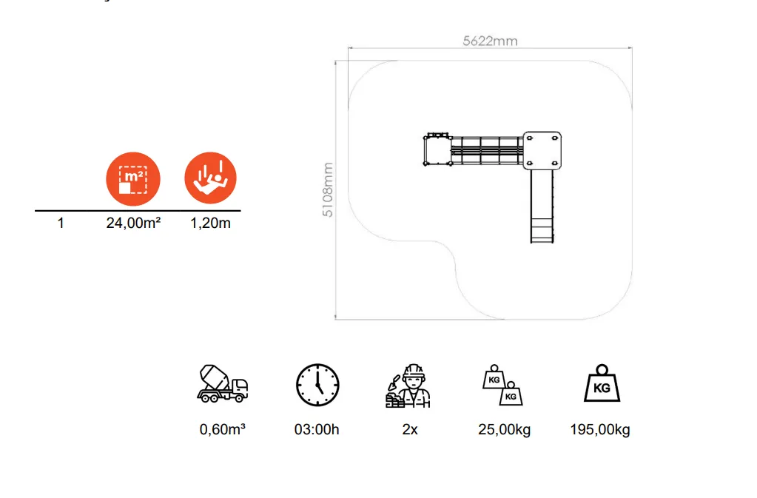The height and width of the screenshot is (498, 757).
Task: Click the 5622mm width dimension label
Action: (490, 41)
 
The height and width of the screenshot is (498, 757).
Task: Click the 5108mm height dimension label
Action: (327, 189)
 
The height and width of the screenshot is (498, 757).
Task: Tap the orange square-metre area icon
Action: (133, 179)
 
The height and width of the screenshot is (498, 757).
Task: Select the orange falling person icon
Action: (210, 178)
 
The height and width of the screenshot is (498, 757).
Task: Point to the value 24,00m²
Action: (133, 223)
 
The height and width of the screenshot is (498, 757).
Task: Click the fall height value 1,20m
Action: (210, 223)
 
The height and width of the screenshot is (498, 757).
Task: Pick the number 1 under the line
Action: (61, 223)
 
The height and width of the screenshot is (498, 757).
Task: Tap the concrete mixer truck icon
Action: (223, 383)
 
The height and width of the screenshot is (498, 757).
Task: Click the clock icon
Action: (317, 385)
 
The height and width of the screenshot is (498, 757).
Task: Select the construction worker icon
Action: (408, 386)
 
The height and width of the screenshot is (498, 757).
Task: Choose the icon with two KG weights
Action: (502, 385)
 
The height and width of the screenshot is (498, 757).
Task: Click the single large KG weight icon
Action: (602, 383)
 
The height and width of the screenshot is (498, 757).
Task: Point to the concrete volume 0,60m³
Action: (223, 429)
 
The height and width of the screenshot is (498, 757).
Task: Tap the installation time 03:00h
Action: (317, 429)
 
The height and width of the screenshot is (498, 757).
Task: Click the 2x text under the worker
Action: (410, 429)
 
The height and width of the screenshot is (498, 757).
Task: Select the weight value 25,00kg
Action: (505, 429)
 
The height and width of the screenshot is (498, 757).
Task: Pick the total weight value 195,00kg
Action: (600, 429)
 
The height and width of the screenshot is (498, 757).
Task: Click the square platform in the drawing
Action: (542, 150)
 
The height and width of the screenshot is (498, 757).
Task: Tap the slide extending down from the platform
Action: (542, 206)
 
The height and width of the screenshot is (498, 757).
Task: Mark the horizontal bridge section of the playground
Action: (487, 150)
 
